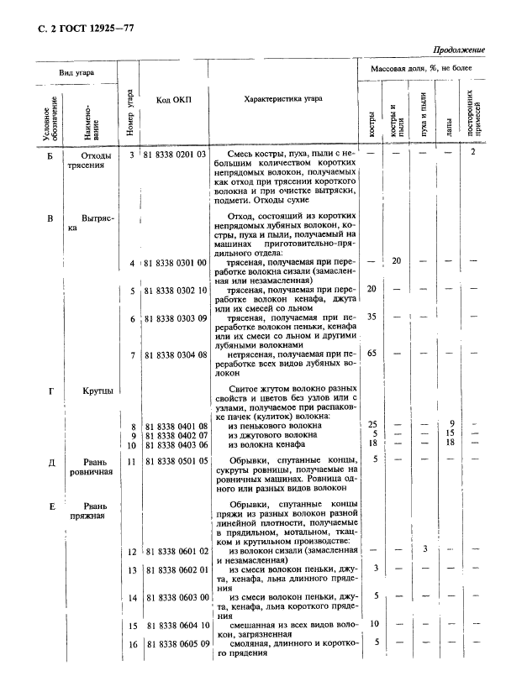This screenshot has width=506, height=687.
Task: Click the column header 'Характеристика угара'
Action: (x=282, y=99)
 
